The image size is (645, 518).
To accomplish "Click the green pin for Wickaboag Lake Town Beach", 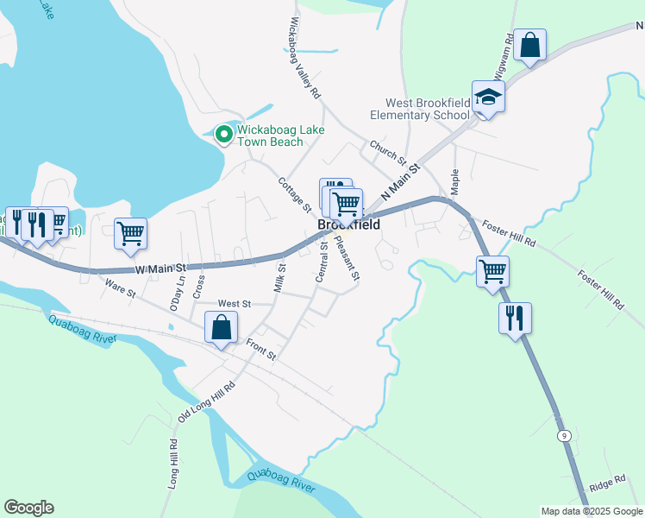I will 224,134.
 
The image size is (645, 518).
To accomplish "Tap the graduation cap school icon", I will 487,97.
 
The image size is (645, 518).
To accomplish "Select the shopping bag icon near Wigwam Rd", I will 529,45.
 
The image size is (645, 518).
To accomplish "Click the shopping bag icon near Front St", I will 221,327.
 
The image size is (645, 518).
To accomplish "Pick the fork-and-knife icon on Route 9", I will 514,317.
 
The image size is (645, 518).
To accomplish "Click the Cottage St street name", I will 294,194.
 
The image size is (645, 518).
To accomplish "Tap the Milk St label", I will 279,278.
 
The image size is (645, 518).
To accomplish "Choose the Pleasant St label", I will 347,258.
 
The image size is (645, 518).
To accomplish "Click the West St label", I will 234,304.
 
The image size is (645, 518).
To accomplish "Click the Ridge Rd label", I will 608,483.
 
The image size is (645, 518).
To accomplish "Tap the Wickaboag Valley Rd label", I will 305,56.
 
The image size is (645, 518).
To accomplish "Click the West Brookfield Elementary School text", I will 420,109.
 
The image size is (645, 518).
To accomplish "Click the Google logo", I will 28,508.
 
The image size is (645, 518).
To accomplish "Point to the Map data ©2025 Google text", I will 591,511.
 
